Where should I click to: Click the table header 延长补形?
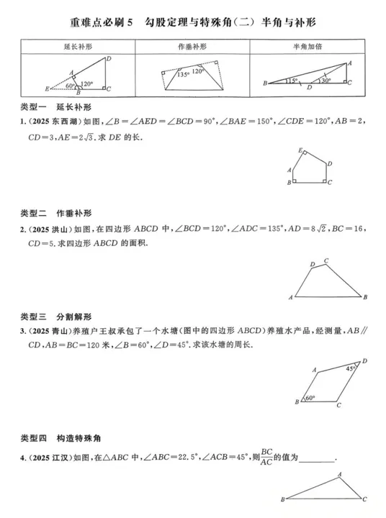78,47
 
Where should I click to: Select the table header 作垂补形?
192,47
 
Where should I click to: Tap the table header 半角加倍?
308,47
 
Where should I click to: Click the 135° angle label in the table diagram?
183,75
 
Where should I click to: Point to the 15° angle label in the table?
292,81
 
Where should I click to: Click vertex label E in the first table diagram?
47,89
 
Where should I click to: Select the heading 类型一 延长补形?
56,107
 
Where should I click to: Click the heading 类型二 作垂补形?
56,214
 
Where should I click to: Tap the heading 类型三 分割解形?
56,317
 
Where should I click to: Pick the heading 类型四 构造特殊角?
60,438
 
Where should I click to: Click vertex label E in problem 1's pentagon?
300,150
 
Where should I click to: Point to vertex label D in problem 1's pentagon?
329,164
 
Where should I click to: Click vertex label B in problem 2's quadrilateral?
365,297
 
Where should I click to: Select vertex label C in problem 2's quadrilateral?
326,260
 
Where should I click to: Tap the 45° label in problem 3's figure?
350,368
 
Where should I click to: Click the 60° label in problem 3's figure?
310,398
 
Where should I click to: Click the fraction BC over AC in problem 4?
266,457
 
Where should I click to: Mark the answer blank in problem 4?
317,461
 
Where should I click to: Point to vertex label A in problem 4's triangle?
340,475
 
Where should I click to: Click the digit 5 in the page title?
130,22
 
